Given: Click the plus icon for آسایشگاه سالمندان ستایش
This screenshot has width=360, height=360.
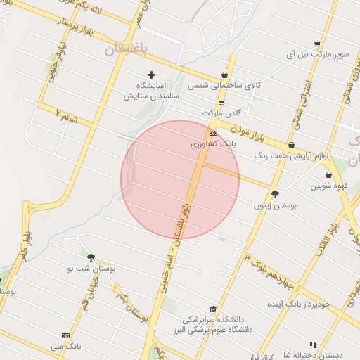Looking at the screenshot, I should [x=151, y=75].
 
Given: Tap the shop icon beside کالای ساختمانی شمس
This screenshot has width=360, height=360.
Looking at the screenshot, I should [x=224, y=75].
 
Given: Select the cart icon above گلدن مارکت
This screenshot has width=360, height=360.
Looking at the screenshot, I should [x=221, y=103].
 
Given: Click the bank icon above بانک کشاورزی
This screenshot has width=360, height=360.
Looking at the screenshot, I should [x=213, y=133].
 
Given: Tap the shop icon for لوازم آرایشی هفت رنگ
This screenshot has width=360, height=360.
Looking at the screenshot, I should [x=291, y=146].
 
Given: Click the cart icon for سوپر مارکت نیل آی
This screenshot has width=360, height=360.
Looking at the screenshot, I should [x=318, y=44].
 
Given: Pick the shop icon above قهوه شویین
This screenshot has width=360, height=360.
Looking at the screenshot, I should [x=328, y=175].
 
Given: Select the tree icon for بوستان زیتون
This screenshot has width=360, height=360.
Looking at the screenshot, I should [x=275, y=194].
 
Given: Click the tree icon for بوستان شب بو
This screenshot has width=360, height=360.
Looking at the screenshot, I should [x=91, y=257].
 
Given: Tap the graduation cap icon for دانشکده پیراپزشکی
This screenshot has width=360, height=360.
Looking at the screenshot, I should [x=213, y=309].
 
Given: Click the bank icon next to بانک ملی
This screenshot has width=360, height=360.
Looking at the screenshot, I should [x=66, y=335].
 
